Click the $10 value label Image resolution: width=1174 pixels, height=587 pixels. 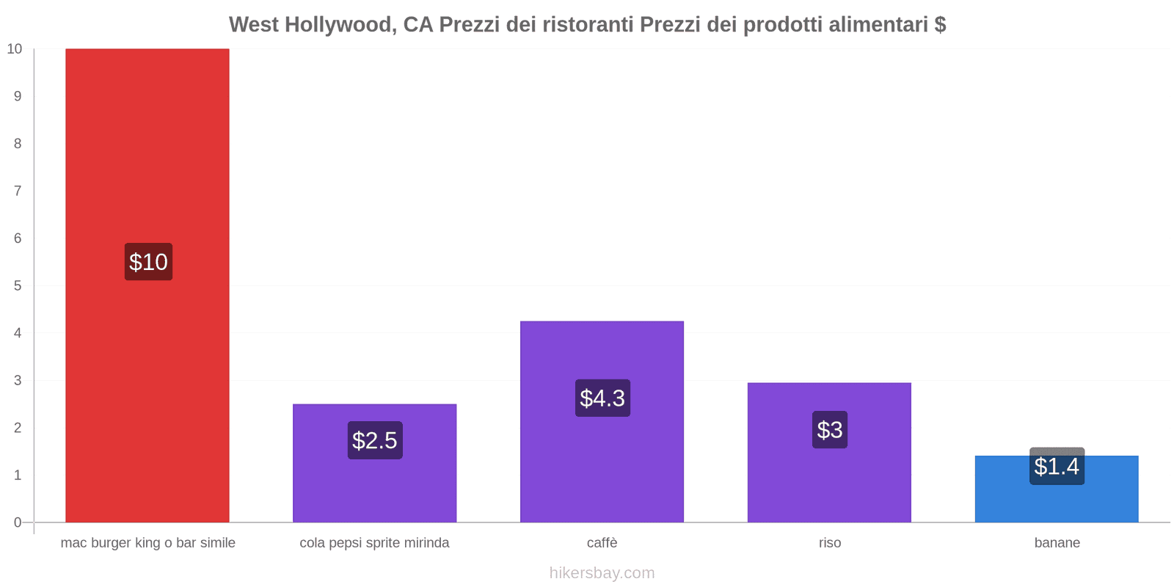(x=148, y=262)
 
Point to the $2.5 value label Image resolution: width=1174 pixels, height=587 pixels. (x=374, y=440)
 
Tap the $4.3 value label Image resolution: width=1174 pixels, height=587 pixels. (x=602, y=398)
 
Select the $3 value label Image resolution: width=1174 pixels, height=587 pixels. (x=830, y=429)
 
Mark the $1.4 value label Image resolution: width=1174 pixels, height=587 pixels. (x=1057, y=466)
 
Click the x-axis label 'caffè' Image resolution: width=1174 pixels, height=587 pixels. (x=602, y=543)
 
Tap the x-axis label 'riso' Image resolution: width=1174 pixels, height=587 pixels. (x=830, y=543)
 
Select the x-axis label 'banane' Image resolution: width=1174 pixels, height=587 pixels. (x=1057, y=543)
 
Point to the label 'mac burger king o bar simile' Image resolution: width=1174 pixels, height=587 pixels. (x=147, y=543)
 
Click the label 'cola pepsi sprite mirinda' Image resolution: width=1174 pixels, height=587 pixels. (x=374, y=543)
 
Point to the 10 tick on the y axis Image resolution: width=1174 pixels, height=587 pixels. (x=15, y=49)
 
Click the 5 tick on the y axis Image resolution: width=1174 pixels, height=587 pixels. (x=18, y=285)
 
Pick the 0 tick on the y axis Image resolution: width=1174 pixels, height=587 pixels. (x=18, y=522)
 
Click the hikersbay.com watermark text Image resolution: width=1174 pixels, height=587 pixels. (x=602, y=573)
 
